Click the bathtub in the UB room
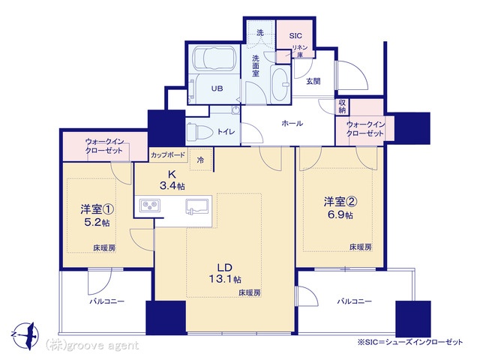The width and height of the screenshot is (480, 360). [x=215, y=58]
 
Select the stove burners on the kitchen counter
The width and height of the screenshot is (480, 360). [x=150, y=205]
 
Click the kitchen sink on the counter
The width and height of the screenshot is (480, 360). [x=198, y=206]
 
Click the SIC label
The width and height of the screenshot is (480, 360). [x=295, y=35]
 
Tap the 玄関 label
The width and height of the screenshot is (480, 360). [x=313, y=81]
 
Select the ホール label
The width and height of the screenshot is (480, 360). [x=292, y=123]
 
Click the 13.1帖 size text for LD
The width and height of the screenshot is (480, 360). [x=225, y=279]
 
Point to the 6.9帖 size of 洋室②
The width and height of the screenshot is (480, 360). [x=340, y=214]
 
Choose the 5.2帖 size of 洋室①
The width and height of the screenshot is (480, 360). [x=97, y=222]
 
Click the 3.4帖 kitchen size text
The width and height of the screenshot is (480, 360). [x=172, y=185]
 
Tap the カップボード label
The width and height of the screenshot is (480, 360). [x=168, y=155]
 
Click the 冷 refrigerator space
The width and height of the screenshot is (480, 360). [x=200, y=160]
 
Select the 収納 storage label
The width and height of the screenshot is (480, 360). [x=342, y=106]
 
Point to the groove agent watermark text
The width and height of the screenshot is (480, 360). [x=92, y=346]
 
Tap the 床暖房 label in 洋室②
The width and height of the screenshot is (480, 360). [x=361, y=247]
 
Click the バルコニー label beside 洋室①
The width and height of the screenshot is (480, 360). [x=106, y=301]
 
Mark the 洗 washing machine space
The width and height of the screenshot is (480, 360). [x=260, y=33]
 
